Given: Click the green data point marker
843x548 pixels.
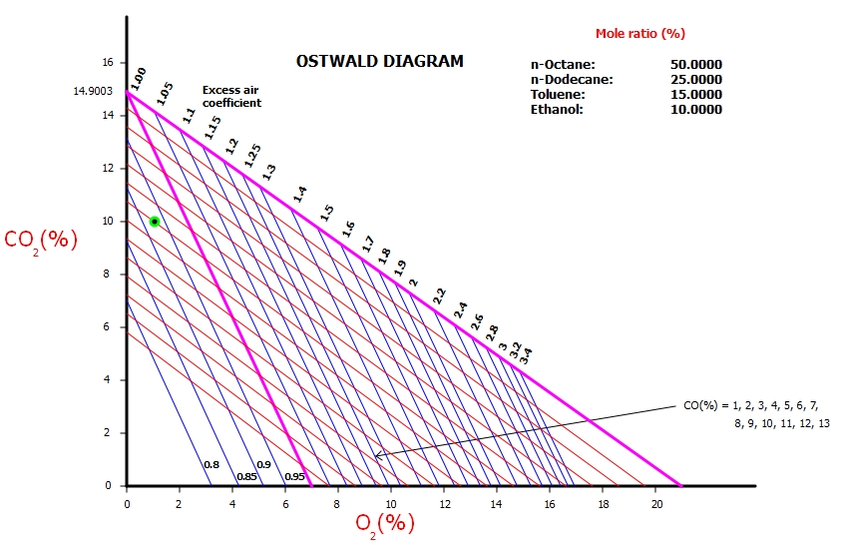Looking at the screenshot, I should point(155,221).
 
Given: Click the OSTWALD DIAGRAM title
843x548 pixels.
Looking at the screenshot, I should point(380,61).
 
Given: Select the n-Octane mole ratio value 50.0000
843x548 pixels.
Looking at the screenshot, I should point(696,65).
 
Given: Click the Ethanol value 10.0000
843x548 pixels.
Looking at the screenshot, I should point(696,110).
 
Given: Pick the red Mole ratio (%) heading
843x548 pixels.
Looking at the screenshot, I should point(640,34).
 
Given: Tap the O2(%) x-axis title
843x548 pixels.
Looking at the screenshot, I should point(384,521).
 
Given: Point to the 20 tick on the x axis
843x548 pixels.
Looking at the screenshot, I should point(655,504).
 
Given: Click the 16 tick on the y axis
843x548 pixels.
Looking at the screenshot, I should point(108,62).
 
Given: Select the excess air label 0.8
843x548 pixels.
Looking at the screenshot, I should point(211,465).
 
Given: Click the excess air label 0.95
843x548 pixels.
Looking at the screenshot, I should point(294,476).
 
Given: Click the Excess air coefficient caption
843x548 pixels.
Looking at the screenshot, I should point(231,96).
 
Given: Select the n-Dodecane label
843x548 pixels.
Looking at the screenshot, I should point(572,80).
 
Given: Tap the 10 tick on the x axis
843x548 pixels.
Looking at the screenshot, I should point(391,504).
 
